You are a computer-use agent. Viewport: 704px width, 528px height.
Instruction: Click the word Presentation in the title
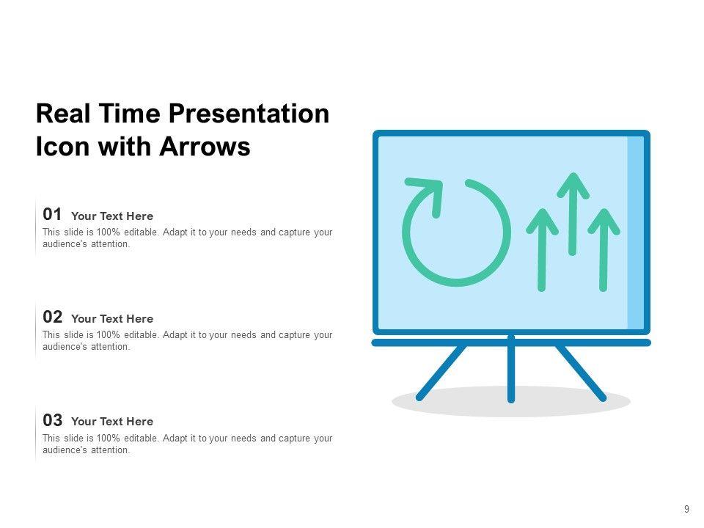(249, 114)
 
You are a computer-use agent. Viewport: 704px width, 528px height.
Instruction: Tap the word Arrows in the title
(205, 147)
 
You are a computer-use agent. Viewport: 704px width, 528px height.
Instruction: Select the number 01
(52, 214)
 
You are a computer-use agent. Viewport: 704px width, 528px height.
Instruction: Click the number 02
(52, 317)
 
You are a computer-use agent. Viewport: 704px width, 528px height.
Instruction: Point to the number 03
(52, 420)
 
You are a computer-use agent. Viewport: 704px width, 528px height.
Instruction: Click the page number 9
(686, 509)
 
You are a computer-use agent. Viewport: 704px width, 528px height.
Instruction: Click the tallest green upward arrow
(573, 213)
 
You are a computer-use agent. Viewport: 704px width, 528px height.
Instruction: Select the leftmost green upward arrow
(542, 249)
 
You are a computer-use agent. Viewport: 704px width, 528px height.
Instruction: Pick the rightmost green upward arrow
(604, 249)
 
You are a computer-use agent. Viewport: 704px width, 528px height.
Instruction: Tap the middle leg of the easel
(511, 368)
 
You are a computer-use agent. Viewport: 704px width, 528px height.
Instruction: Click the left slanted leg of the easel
(441, 373)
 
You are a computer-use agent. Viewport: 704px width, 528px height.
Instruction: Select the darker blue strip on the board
(635, 232)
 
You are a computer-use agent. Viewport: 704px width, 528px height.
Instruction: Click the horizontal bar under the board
(511, 342)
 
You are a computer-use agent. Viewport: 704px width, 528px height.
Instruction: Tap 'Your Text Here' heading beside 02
(112, 319)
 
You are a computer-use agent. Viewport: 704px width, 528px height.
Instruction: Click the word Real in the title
(63, 114)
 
